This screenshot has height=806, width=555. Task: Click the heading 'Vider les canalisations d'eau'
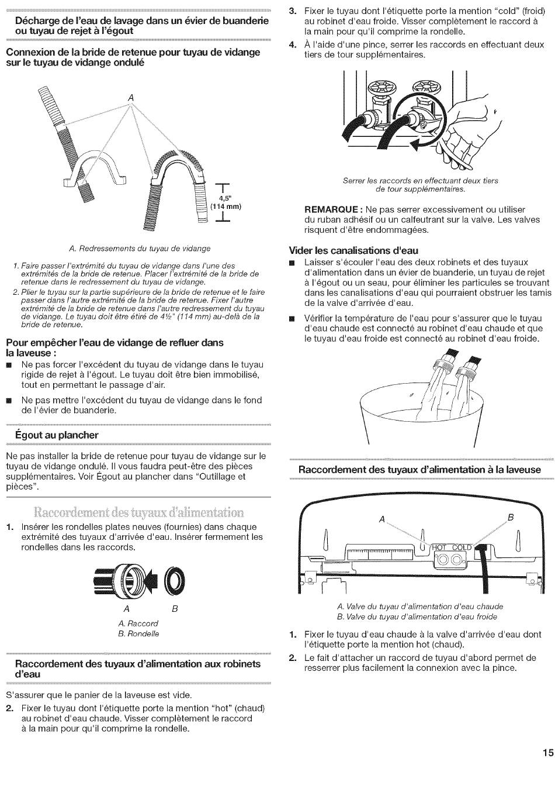click(354, 250)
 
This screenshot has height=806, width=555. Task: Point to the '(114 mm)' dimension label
click(226, 206)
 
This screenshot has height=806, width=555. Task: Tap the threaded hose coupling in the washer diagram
click(124, 581)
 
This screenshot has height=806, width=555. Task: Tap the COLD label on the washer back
click(461, 547)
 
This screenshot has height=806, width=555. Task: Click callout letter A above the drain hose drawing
click(131, 98)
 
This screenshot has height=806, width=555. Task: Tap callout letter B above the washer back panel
click(510, 517)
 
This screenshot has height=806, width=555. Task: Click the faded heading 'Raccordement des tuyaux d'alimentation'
click(138, 512)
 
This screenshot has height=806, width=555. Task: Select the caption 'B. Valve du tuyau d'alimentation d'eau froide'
click(417, 616)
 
